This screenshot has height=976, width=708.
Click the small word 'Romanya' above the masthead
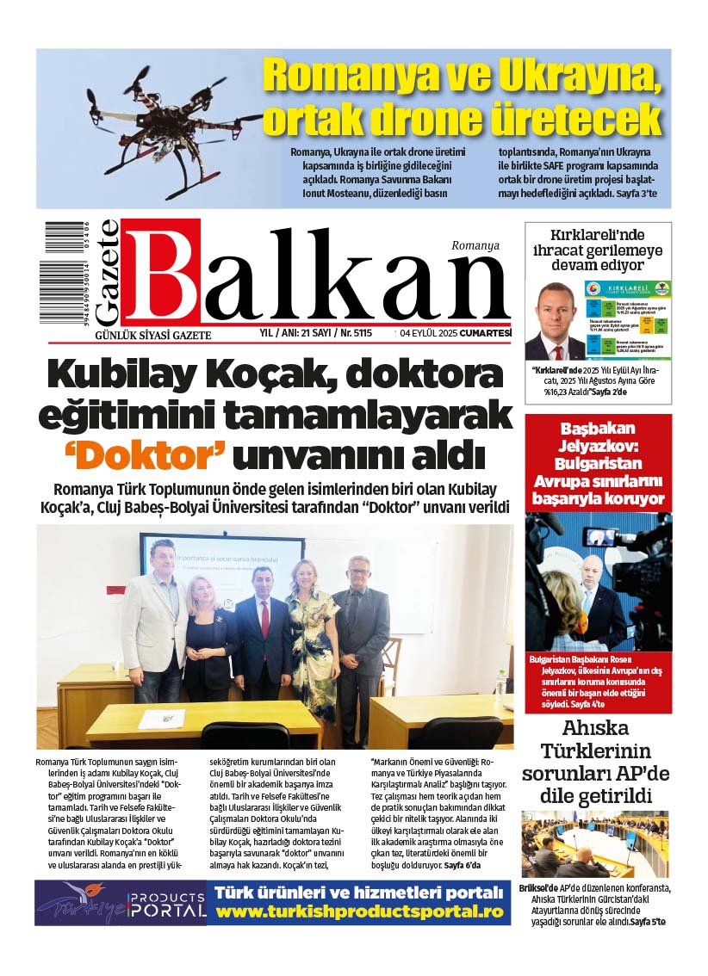click(x=475, y=245)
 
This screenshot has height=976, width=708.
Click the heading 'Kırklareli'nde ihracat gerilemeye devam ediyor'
click(x=598, y=249)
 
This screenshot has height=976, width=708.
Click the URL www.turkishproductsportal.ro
click(x=358, y=911)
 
